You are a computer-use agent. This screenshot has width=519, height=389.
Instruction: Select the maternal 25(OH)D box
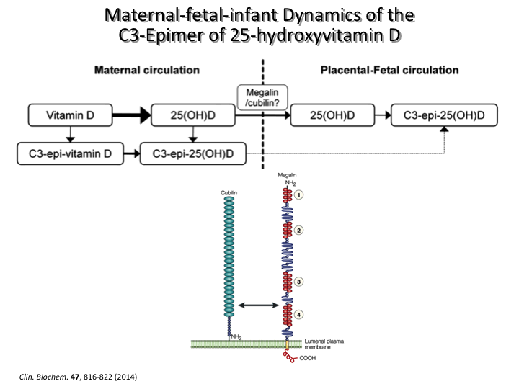click(x=194, y=115)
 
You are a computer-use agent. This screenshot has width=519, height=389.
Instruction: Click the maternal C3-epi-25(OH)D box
click(x=193, y=153)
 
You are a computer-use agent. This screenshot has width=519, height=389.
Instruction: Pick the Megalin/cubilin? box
click(x=262, y=95)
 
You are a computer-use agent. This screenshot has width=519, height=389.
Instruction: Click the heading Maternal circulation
click(x=147, y=71)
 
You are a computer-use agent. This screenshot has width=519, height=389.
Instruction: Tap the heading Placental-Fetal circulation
click(x=389, y=71)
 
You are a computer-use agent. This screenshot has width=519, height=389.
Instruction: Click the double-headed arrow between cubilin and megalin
click(x=259, y=306)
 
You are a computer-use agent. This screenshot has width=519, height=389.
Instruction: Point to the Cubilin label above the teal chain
click(x=230, y=194)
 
